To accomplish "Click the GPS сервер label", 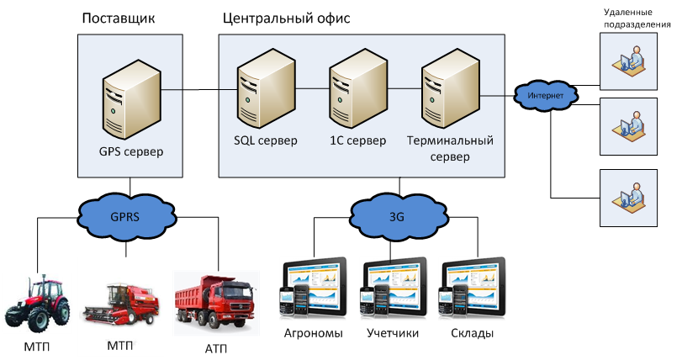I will click(130, 152).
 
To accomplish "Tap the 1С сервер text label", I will click(357, 140).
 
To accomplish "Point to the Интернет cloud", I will click(546, 96).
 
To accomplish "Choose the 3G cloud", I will click(397, 216).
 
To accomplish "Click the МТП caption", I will click(121, 345).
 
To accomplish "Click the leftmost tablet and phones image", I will click(313, 289).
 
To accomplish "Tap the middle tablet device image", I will click(394, 289).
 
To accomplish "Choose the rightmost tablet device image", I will click(473, 289).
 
